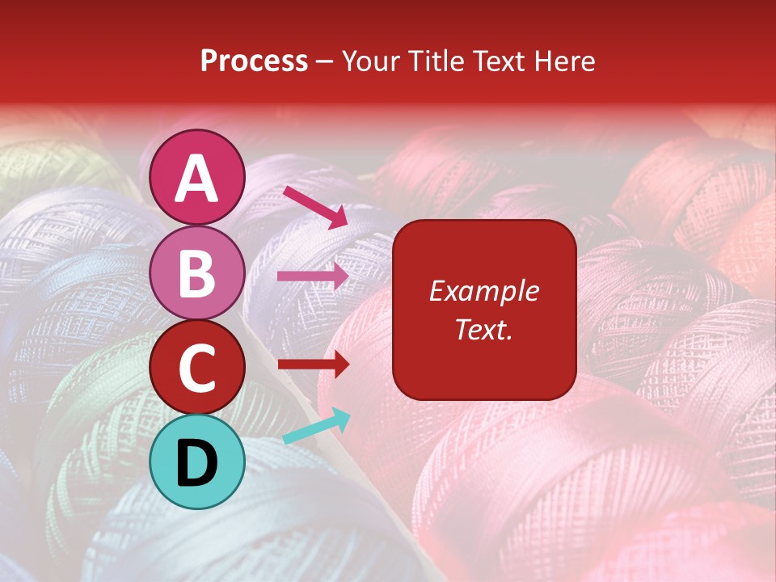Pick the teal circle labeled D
tap(197, 462)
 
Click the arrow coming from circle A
tap(314, 207)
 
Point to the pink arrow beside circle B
tap(313, 276)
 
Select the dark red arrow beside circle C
tap(313, 365)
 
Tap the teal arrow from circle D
tap(317, 427)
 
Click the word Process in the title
tap(254, 61)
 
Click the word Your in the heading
tap(370, 61)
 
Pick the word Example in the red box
tap(483, 291)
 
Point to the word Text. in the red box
tap(483, 329)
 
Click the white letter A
tap(197, 179)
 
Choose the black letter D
tap(197, 463)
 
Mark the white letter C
tap(197, 369)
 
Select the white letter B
tap(197, 274)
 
